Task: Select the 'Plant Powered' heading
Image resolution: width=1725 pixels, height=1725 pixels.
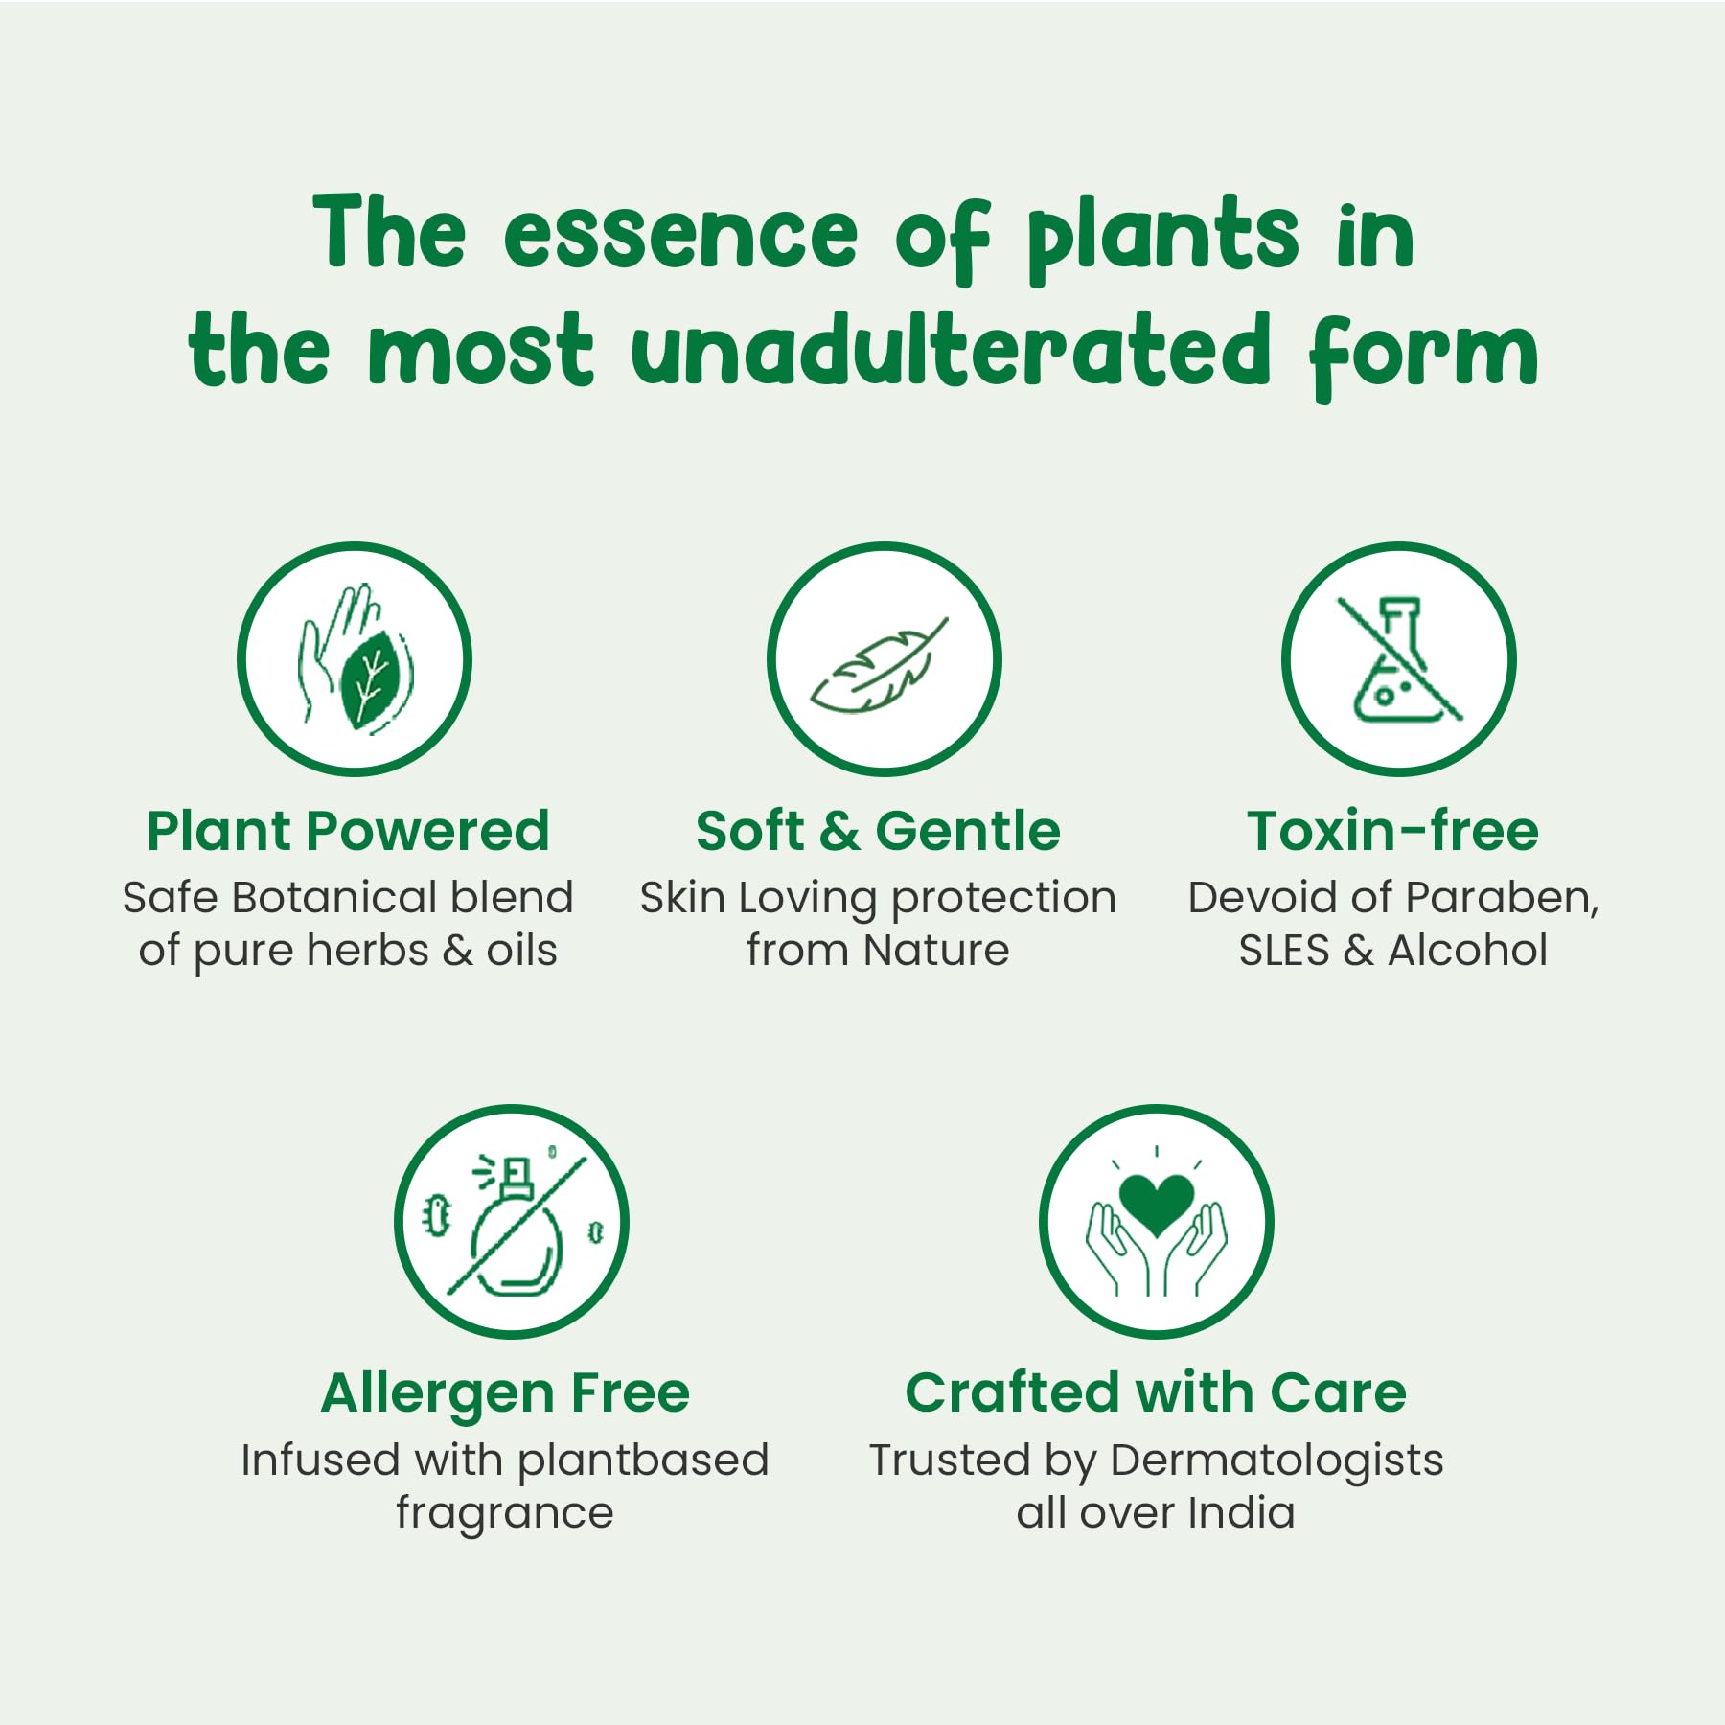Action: pos(348,830)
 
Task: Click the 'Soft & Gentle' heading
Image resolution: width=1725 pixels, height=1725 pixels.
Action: pos(878,830)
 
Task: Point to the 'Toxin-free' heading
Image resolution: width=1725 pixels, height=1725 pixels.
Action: pos(1392,830)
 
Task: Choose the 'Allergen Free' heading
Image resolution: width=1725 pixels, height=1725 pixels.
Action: pos(505,1392)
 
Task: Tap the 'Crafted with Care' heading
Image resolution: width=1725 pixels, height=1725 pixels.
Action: pos(1156,1392)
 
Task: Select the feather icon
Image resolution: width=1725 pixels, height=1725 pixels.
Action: pos(879,666)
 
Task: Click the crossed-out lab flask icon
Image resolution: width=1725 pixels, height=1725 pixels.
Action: pos(1400,659)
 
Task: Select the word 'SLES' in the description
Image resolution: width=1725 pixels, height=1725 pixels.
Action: pos(1284,951)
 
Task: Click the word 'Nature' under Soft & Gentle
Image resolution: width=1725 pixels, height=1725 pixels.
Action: pos(935,951)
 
